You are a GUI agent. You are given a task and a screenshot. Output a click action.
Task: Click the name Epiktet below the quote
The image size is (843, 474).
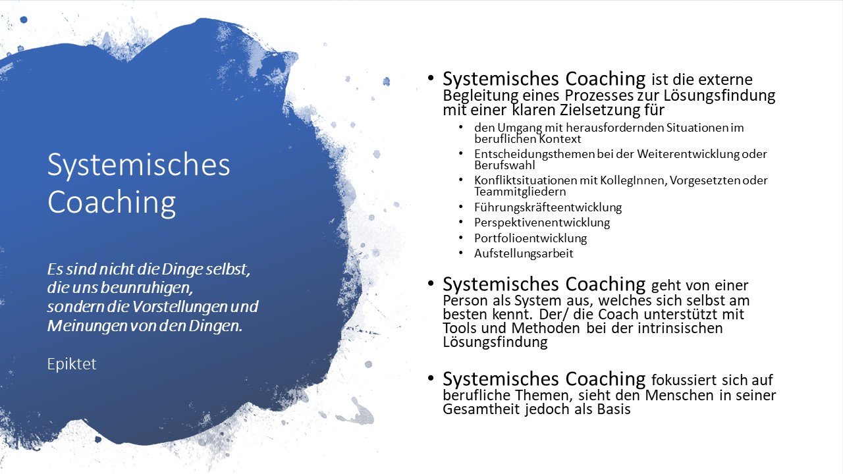tap(72, 364)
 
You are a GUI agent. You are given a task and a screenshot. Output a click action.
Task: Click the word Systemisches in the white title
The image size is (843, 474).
tap(138, 165)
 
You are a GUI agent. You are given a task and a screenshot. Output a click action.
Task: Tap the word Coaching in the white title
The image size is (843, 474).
tap(111, 203)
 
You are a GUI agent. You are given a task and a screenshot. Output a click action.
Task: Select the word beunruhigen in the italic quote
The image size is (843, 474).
tap(147, 288)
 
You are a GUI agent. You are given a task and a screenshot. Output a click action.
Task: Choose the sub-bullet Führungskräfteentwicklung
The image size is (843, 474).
tap(548, 207)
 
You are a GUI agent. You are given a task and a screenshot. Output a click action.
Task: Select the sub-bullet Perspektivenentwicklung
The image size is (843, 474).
tap(542, 223)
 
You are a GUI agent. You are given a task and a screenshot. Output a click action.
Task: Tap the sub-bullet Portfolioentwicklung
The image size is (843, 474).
tap(531, 238)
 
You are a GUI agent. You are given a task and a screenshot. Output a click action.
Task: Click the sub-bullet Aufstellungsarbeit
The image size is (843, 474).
tap(524, 253)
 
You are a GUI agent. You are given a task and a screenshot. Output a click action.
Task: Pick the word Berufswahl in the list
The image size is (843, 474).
tap(504, 165)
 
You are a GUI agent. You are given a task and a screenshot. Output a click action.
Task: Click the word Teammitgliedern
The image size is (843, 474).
tap(520, 192)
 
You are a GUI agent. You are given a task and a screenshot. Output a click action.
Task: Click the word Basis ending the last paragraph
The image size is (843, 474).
tap(614, 409)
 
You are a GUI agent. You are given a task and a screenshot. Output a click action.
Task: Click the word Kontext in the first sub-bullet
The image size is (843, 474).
tap(560, 139)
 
